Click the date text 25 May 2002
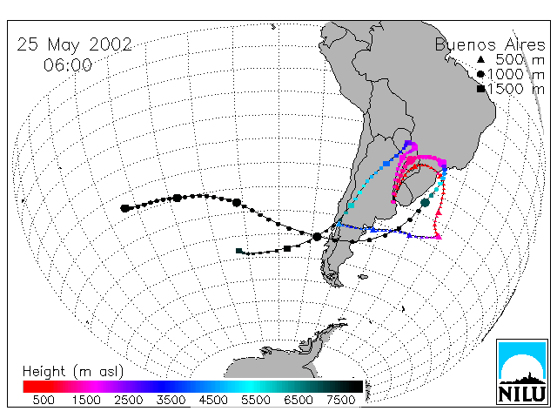[74, 44]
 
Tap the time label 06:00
[68, 65]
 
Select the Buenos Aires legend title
[490, 44]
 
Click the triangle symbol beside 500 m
[480, 59]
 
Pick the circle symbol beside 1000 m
[480, 74]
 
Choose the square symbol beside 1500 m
[480, 89]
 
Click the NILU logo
[522, 372]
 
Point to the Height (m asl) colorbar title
[73, 372]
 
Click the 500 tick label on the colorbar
[44, 401]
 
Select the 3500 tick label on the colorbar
[171, 401]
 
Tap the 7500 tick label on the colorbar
[340, 401]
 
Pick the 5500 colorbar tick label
[256, 401]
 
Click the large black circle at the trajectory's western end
[124, 208]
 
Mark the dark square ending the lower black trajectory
[239, 251]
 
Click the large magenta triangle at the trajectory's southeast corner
[439, 236]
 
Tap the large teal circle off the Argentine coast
[426, 203]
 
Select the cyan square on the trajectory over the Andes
[352, 206]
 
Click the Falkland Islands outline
[363, 277]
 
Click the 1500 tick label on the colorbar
[86, 401]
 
